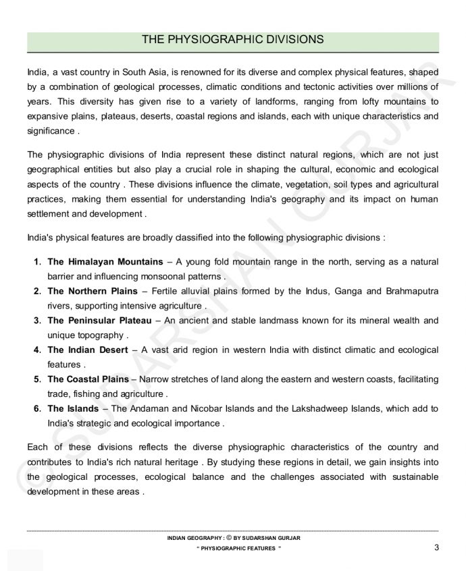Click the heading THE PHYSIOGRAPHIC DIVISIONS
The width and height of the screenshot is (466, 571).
click(232, 40)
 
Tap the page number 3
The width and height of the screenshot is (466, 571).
click(437, 547)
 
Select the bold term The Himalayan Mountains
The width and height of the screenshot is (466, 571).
click(105, 261)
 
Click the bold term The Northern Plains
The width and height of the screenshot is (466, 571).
click(95, 291)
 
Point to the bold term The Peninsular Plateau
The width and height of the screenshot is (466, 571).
click(99, 320)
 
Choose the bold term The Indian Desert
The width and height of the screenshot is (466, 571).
click(90, 350)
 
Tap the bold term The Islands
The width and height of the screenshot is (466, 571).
click(74, 408)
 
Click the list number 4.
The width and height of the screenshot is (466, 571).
click(38, 350)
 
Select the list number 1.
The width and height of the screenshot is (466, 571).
click(38, 261)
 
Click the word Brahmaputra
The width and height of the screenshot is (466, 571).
click(407, 291)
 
